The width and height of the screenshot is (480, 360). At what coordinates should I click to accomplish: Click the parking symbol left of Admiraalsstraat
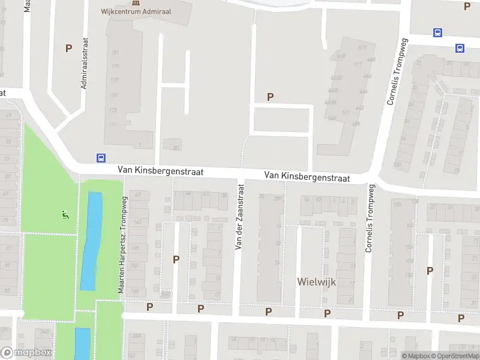click(x=68, y=48)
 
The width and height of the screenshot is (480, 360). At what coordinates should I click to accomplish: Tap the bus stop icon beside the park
click(x=100, y=158)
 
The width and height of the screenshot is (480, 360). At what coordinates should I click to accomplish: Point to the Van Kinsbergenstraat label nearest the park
click(x=161, y=172)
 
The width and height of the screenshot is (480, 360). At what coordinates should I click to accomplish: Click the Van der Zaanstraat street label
click(x=239, y=217)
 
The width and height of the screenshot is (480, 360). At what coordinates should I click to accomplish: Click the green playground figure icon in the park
click(x=65, y=214)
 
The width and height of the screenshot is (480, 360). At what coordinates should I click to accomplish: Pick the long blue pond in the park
click(x=91, y=240)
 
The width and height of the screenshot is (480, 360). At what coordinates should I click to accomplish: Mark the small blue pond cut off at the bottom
click(x=82, y=343)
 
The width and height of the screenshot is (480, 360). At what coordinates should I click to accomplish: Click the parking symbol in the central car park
click(x=271, y=97)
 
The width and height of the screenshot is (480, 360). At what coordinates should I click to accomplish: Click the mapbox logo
click(x=26, y=353)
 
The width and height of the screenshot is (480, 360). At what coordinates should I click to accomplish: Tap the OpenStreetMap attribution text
click(x=454, y=356)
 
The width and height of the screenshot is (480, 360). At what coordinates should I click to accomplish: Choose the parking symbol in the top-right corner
click(x=467, y=6)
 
